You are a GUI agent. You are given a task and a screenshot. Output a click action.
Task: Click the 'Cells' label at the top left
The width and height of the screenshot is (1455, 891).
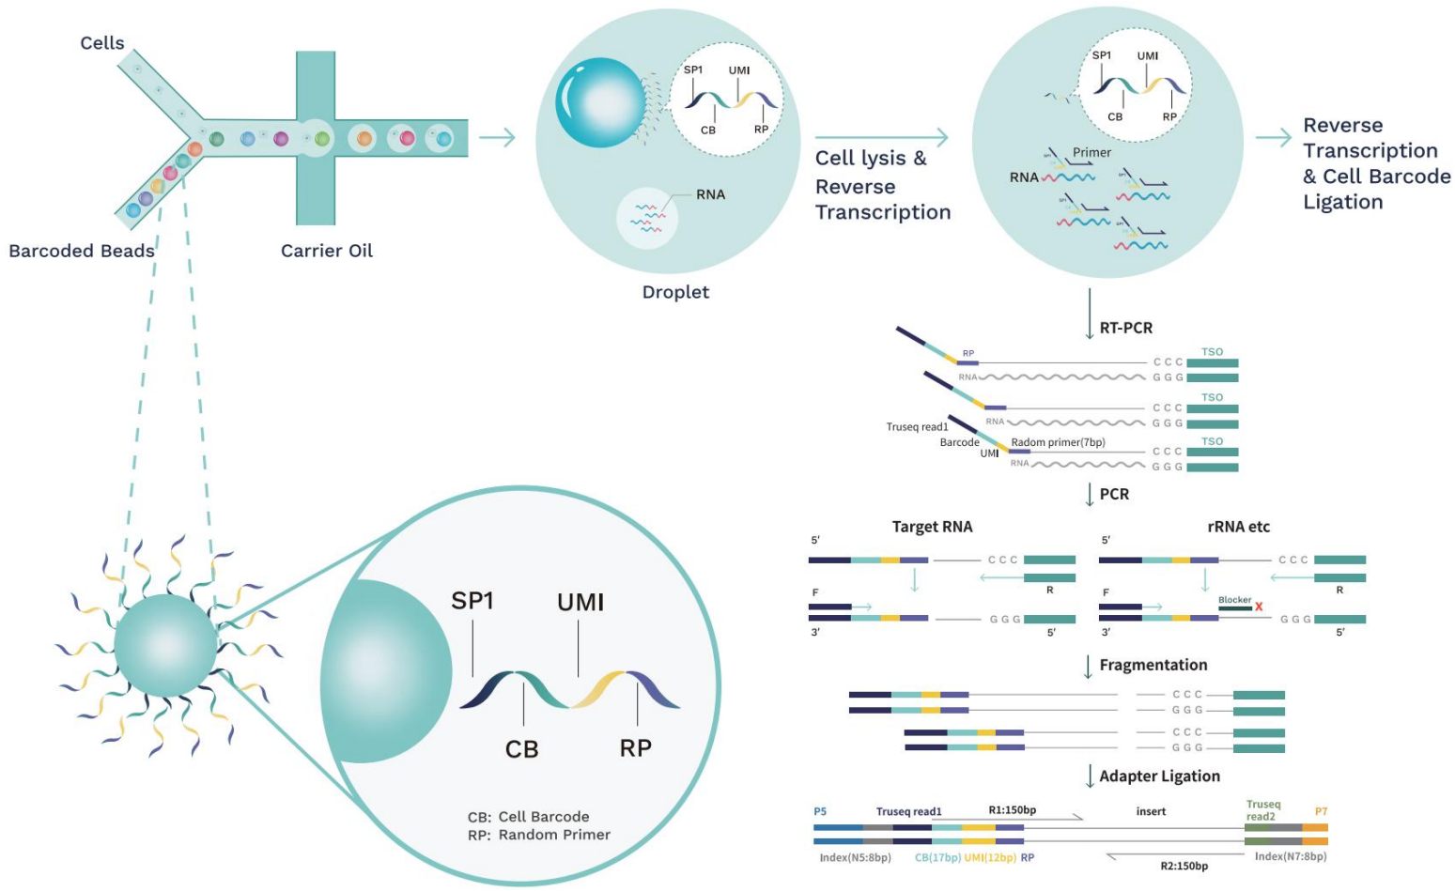click(101, 43)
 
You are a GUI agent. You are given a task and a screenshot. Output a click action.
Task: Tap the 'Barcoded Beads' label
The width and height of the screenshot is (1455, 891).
click(82, 251)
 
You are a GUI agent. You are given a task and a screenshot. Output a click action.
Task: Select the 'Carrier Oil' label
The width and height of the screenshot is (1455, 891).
click(327, 251)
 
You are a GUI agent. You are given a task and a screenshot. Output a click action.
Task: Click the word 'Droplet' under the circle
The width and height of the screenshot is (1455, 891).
click(675, 292)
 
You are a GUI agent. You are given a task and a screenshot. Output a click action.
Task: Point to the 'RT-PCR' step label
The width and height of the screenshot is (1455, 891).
click(1125, 328)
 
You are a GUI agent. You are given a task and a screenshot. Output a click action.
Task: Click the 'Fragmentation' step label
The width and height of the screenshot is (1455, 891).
click(1153, 665)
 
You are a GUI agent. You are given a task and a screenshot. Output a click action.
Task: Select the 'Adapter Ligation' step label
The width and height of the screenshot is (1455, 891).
click(1159, 776)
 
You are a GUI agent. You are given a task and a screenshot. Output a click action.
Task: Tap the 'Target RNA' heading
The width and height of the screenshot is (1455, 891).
click(932, 527)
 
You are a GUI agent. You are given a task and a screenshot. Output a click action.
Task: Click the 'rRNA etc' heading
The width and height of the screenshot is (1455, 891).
click(1238, 527)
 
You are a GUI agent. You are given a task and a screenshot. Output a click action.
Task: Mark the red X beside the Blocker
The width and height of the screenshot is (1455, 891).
click(1259, 607)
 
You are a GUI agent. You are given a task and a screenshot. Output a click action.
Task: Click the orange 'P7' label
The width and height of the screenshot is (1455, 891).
click(1321, 811)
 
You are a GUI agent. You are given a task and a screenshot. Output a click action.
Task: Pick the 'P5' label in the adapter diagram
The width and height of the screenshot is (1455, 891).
click(820, 811)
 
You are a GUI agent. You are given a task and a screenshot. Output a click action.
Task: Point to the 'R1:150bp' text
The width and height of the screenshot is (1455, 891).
click(1012, 810)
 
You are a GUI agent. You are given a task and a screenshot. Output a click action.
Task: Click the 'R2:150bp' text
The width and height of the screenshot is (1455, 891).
click(1184, 866)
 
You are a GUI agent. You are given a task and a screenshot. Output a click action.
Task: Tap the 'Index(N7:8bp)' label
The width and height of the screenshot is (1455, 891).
click(1290, 856)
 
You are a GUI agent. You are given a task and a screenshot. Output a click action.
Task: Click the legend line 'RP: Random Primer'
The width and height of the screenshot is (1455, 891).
click(539, 835)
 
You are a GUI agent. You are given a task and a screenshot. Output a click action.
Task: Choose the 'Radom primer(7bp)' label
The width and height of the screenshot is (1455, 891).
click(1058, 442)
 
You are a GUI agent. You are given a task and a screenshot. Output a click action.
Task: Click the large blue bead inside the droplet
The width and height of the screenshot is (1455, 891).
click(599, 102)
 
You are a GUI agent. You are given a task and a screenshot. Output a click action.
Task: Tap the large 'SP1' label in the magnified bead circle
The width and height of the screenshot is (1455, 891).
click(472, 601)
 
